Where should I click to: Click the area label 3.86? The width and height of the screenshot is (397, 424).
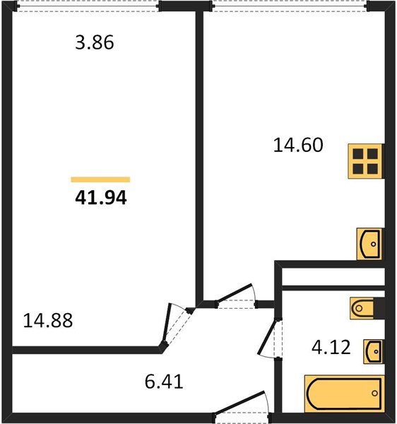point(94,43)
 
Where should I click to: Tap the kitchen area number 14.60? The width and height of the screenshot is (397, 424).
point(297,146)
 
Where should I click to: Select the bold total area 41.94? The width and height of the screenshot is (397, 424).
point(100,198)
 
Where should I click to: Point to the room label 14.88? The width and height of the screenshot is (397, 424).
point(48,320)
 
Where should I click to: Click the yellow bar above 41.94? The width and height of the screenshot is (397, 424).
point(100,179)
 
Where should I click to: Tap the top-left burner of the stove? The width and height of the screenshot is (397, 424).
point(359,155)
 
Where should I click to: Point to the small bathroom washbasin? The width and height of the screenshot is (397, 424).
point(374,349)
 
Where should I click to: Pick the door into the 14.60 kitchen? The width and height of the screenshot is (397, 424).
point(233,296)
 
